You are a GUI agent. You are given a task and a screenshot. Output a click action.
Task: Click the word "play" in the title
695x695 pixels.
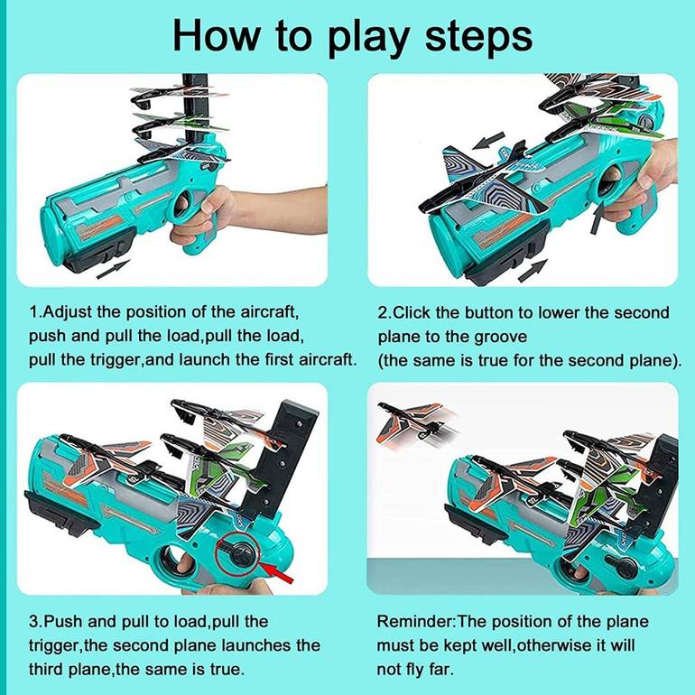pyautogui.click(x=367, y=38)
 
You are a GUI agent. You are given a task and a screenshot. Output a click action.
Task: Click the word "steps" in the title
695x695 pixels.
pyautogui.click(x=478, y=36)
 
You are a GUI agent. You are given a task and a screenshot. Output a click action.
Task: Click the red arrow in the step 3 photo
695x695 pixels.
pyautogui.click(x=278, y=572)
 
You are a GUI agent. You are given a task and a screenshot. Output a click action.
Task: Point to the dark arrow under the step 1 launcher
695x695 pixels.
pyautogui.click(x=113, y=270)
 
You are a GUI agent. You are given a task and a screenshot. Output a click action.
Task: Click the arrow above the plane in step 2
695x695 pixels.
pyautogui.click(x=488, y=141)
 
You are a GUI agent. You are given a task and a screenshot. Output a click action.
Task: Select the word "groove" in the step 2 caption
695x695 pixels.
pyautogui.click(x=500, y=337)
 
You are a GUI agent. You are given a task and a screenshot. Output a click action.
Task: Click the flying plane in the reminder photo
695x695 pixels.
pyautogui.click(x=414, y=422)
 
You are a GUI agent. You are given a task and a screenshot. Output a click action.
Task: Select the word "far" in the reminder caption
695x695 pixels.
pyautogui.click(x=441, y=670)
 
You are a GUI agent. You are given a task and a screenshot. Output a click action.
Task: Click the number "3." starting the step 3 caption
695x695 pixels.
pyautogui.click(x=36, y=622)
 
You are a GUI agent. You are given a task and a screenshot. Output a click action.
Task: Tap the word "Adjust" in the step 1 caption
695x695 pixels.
pyautogui.click(x=67, y=312)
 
